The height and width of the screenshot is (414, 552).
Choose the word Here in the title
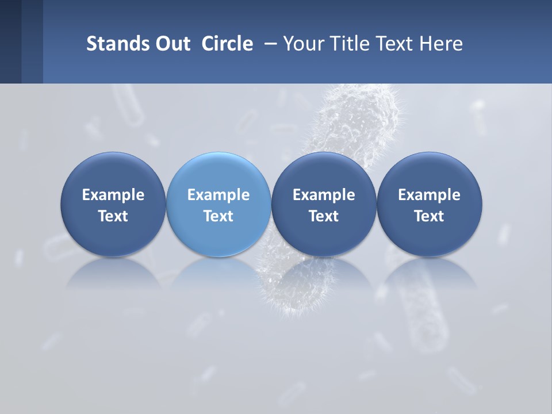tap(441, 44)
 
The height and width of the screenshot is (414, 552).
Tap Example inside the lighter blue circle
tap(218, 195)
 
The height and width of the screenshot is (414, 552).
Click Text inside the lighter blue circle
tap(218, 216)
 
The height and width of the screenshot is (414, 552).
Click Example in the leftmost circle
tap(113, 195)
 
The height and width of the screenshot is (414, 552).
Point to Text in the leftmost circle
tap(113, 216)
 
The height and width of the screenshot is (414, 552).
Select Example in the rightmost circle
tap(429, 195)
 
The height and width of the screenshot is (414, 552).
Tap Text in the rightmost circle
tap(429, 216)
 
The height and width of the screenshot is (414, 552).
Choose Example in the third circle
tap(324, 195)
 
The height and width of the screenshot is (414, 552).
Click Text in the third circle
tap(324, 216)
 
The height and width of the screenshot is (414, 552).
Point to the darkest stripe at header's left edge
tap(10, 41)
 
